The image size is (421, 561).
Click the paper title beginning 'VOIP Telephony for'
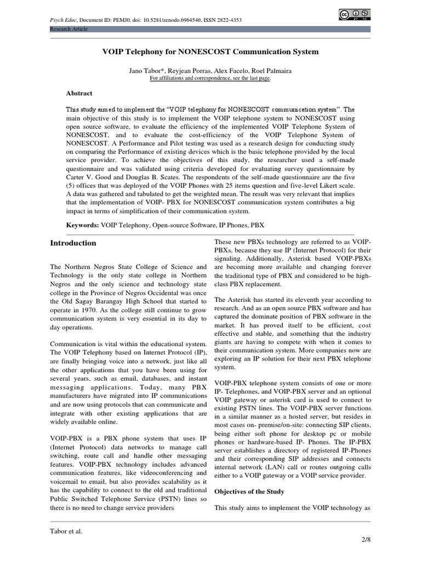[210, 51]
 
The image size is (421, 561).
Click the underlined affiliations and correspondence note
[210, 78]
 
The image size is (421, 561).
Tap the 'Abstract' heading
[79, 93]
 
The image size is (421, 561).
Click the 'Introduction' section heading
[73, 243]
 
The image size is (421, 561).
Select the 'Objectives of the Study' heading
[249, 491]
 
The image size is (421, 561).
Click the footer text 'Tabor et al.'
[66, 531]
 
